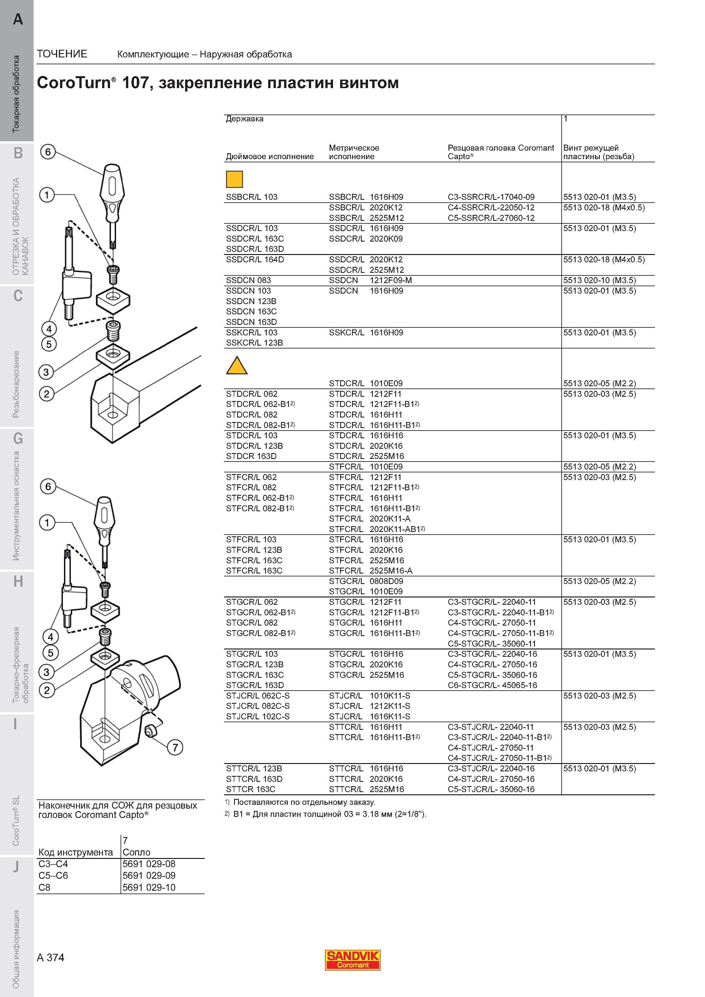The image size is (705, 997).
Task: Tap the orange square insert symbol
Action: click(x=235, y=179)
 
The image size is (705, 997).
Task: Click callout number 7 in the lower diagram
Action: click(x=175, y=747)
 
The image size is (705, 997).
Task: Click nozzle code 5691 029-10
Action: click(x=149, y=887)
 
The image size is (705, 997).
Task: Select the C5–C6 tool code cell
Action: click(x=53, y=875)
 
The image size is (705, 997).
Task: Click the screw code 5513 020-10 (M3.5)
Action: click(x=599, y=280)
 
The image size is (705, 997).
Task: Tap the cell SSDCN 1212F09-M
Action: click(x=370, y=280)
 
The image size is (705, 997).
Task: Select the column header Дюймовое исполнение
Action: click(x=270, y=156)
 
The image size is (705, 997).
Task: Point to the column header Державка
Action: click(x=245, y=119)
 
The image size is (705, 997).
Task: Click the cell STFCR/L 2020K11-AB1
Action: click(x=377, y=529)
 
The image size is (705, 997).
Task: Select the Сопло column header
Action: click(x=137, y=852)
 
